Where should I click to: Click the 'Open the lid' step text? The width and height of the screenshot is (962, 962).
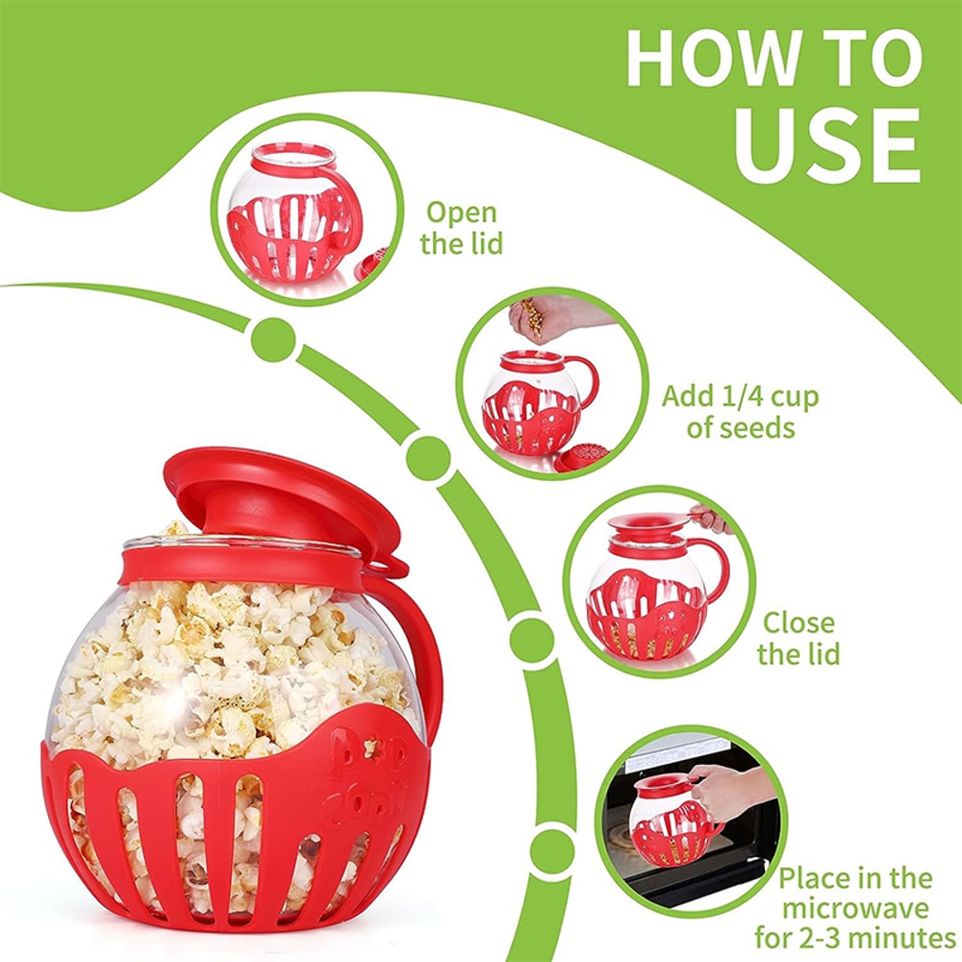tap(462, 228)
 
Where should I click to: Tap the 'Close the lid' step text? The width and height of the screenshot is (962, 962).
tap(797, 639)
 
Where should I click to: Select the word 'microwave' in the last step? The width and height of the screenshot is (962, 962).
tap(855, 908)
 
